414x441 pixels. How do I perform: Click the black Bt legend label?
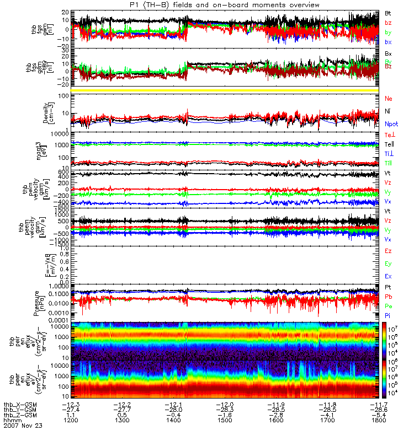(388, 12)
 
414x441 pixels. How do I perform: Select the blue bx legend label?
(388, 42)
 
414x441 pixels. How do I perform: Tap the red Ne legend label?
(389, 98)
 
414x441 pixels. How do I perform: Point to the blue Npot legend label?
(391, 124)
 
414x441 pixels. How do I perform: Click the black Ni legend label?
(388, 111)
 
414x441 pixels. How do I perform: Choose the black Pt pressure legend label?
(388, 288)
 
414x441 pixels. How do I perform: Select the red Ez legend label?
(388, 251)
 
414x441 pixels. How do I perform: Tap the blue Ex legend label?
(388, 276)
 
